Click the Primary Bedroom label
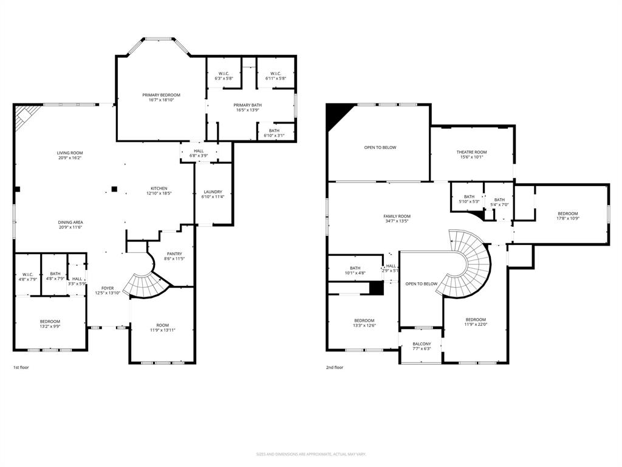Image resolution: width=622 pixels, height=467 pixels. (x=161, y=95)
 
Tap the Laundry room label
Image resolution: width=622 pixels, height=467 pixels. (x=213, y=192)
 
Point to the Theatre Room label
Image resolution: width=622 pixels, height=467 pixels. (x=471, y=152)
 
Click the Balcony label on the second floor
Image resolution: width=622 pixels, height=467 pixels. (x=422, y=344)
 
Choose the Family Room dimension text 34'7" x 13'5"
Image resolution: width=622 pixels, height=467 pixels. (x=397, y=221)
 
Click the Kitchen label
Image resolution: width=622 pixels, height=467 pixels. (x=159, y=189)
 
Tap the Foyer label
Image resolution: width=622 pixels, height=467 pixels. (x=108, y=288)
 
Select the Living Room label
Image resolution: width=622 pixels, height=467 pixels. (x=70, y=153)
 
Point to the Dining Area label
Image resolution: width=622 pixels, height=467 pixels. (x=70, y=223)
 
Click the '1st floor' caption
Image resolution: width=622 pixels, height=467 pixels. (x=21, y=367)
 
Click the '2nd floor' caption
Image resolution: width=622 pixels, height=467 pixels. (x=335, y=367)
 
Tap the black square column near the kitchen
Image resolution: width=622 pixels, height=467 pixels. (x=114, y=189)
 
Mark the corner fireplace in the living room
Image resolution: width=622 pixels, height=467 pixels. (x=25, y=116)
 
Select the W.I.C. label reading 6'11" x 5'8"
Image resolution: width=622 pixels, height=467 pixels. (x=275, y=74)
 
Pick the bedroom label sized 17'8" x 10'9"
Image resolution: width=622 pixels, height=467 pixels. (x=568, y=213)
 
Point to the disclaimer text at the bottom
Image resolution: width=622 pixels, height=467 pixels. (x=311, y=454)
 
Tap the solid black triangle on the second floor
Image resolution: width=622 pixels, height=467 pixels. (x=335, y=114)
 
